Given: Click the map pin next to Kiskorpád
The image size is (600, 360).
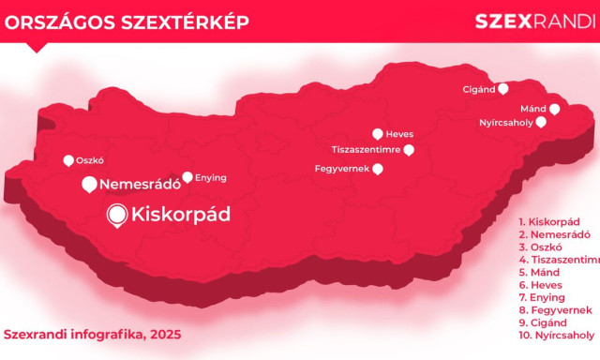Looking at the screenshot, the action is pos(117,217).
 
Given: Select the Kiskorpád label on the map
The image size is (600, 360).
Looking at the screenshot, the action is pos(181,215).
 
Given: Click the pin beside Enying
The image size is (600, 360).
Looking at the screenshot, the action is pos(187,176).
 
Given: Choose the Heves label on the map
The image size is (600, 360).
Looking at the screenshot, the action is pos(399,134).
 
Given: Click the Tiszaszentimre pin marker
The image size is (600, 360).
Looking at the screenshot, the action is pos(409,149).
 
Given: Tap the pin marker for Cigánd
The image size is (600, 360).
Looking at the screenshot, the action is pos(503,89).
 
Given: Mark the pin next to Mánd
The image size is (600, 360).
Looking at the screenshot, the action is pos(555,109).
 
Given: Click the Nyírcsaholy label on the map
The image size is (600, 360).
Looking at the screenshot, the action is pos(505,122).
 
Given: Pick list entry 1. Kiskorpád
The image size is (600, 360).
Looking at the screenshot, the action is pos(554,221).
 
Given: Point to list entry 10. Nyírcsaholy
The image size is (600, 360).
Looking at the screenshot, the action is pos(557,335).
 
